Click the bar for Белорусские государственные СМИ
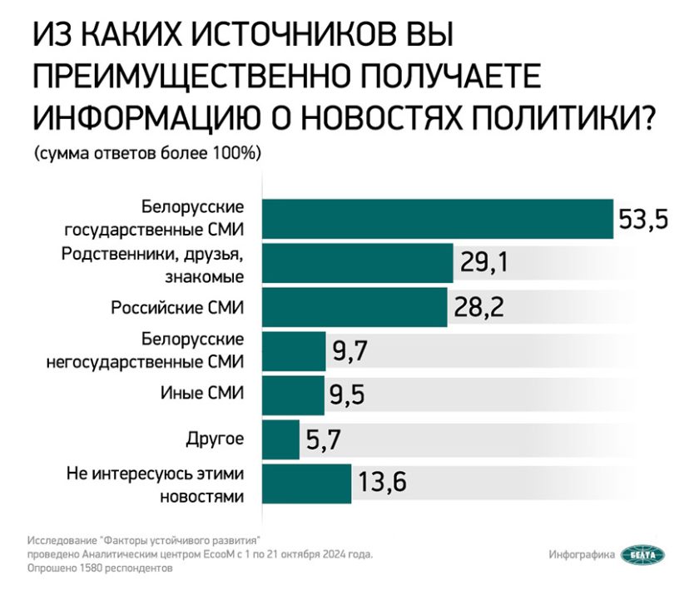[438, 218]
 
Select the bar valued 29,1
[357, 264]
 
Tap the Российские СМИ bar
[354, 308]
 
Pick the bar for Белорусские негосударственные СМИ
[294, 350]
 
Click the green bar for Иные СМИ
[293, 394]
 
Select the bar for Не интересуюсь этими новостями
[306, 483]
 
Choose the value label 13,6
[383, 483]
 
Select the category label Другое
[214, 439]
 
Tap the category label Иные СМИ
[202, 394]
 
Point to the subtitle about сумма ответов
[148, 155]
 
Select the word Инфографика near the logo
[582, 554]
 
